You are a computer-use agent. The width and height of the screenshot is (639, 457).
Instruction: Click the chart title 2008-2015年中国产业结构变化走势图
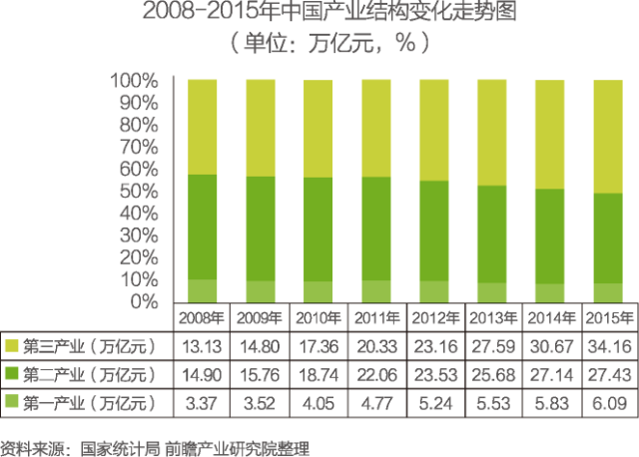(x=319, y=14)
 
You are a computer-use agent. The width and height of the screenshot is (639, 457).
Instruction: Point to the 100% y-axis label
(x=132, y=80)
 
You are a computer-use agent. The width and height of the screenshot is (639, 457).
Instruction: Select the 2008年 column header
(x=202, y=318)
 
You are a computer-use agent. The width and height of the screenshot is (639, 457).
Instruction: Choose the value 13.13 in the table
(x=203, y=346)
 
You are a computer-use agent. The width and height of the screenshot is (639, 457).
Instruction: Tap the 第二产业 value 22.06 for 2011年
(x=376, y=375)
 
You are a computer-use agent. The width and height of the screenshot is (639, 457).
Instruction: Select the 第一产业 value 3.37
(x=203, y=402)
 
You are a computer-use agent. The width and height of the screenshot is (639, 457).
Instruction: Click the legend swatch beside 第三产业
(x=13, y=346)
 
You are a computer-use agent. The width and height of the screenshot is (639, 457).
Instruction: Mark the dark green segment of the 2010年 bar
(x=319, y=228)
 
